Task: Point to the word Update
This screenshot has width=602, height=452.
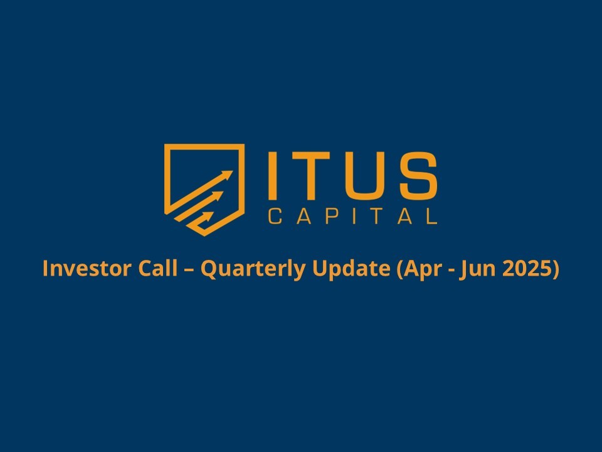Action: [351, 269]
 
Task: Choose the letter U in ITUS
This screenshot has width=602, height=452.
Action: [364, 176]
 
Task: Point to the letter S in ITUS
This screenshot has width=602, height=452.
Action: [418, 175]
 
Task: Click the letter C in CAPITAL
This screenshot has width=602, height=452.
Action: [275, 217]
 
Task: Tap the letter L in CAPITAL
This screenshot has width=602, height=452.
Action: [431, 217]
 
